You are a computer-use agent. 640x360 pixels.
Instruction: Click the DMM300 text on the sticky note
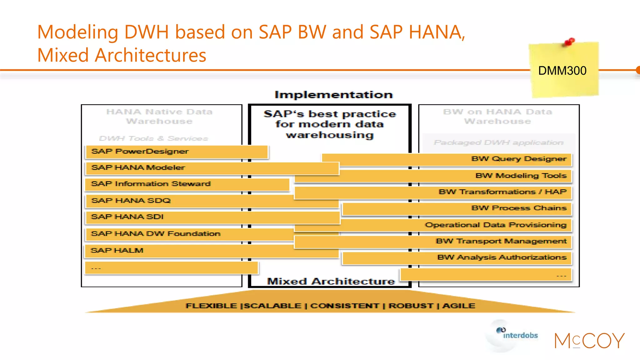tap(562, 71)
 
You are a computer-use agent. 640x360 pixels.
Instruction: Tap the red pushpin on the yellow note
tap(569, 42)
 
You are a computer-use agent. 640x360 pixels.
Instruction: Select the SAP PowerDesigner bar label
tap(140, 152)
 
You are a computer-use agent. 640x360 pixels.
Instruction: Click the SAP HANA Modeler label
tap(138, 168)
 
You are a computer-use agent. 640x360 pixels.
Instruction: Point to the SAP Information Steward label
tap(151, 184)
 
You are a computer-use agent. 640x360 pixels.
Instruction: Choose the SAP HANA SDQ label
tap(131, 201)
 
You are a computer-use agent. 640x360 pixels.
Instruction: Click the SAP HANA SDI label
tap(127, 217)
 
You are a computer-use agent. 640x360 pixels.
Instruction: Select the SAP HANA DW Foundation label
tap(155, 234)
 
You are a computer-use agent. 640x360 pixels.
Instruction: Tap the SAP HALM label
tap(117, 251)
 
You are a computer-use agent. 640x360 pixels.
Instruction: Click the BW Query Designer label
tap(519, 159)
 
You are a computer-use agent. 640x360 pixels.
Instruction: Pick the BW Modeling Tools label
tap(521, 176)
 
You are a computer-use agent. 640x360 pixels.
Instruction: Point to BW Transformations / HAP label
tap(502, 192)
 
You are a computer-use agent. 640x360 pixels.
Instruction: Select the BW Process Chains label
tap(519, 208)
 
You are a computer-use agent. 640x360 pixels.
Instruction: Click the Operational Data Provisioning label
tap(496, 225)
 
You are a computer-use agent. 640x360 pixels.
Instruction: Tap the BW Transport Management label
tap(501, 241)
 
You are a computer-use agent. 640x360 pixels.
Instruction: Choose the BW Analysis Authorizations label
tap(502, 257)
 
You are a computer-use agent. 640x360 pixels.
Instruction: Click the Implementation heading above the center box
tap(333, 95)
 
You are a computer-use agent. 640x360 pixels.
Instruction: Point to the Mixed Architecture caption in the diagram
tap(331, 281)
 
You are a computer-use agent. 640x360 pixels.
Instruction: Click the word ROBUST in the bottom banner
tap(411, 306)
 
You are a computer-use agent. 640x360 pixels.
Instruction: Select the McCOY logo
tap(589, 341)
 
